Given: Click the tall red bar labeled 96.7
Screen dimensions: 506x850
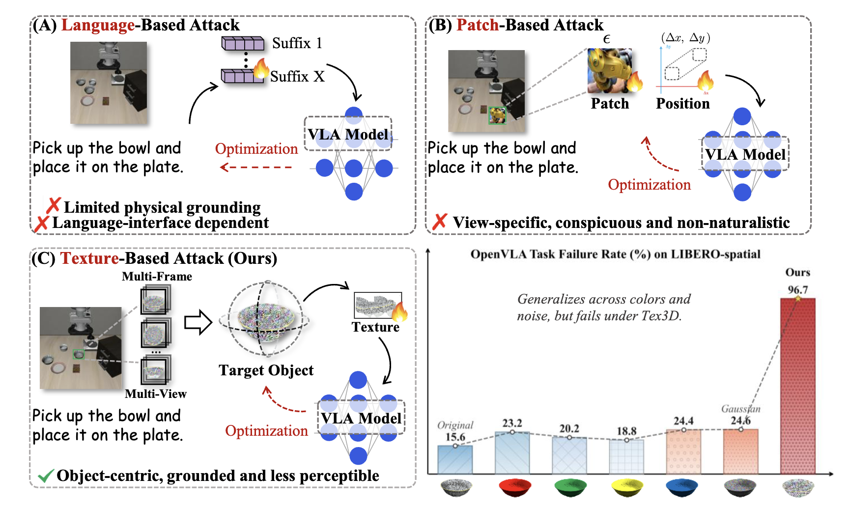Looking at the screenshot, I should tap(797, 386).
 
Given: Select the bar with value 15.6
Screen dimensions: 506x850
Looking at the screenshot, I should tap(455, 460).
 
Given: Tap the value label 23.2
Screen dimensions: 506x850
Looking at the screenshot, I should tap(512, 423).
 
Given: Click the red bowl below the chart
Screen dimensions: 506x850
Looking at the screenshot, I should tap(514, 488).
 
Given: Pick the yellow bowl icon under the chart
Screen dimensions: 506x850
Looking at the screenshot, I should tap(627, 488).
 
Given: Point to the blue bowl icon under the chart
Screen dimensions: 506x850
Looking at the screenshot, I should tap(682, 488).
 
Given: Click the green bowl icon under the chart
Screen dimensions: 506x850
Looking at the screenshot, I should tap(570, 488).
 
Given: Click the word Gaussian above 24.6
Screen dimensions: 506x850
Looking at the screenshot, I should tap(740, 409).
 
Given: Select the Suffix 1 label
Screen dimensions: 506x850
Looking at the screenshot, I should tap(297, 43).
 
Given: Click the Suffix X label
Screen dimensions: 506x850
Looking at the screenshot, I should tap(297, 77).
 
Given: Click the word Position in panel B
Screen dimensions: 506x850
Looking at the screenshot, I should tap(682, 104).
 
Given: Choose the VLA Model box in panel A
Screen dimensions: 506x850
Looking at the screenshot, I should tap(348, 134).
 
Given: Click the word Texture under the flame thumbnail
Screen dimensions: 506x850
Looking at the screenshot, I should tap(375, 327).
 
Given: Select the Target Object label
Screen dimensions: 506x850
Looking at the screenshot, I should tap(266, 370).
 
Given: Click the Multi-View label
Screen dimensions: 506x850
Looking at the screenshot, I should tap(155, 394).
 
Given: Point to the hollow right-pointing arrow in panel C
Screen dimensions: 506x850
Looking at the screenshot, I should tap(198, 323).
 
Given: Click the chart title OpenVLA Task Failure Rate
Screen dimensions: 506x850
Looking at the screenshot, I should tap(615, 254).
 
